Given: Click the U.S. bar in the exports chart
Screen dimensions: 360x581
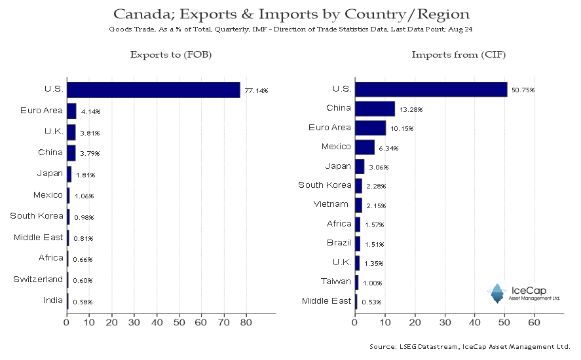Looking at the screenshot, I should point(153,90).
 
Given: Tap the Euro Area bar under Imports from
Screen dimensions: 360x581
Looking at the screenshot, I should point(370,128).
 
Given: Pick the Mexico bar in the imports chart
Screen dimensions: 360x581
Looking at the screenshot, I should point(364,147).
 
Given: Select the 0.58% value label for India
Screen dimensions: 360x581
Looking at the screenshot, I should point(83,302).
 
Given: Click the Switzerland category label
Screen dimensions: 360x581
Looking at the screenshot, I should point(38,279).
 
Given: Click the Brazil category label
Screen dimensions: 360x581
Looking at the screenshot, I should point(339,243).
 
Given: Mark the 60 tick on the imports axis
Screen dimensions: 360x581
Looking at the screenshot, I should point(534,322).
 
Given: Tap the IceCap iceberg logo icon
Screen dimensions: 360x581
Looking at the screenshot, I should point(498,294).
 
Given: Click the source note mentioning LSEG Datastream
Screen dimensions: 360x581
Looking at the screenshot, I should point(469,346).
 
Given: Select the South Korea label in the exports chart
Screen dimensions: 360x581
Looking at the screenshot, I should point(36,215).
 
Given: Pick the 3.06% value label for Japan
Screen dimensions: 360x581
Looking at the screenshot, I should point(379,167).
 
